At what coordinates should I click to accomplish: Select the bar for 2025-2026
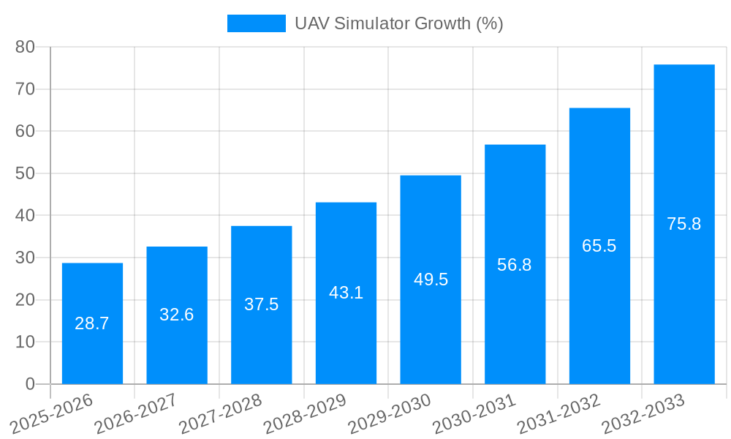click(x=92, y=351)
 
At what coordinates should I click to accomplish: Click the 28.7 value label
click(x=92, y=323)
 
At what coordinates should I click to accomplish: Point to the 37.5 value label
click(x=262, y=304)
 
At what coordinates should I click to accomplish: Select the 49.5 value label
click(x=431, y=279)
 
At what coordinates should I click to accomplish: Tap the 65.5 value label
click(x=599, y=246)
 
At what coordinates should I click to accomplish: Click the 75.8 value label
click(x=684, y=224)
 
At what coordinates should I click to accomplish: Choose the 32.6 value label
click(x=177, y=315)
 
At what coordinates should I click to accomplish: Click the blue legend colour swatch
click(x=257, y=23)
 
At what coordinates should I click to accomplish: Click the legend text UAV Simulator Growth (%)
click(x=399, y=23)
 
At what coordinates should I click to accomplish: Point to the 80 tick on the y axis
click(x=26, y=47)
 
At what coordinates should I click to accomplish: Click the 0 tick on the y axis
click(x=30, y=384)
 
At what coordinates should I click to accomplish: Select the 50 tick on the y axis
click(x=26, y=173)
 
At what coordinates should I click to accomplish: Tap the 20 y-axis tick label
click(x=26, y=300)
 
